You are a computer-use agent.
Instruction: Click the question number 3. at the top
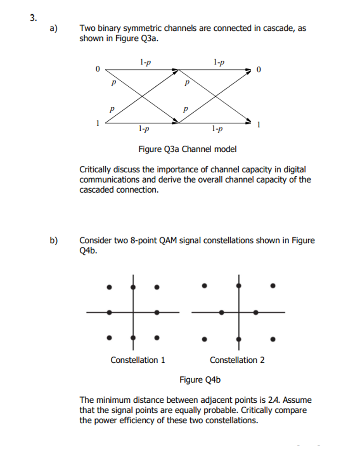33,18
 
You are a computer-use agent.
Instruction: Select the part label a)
54,29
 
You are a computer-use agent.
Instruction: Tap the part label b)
54,241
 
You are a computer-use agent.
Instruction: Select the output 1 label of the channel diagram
259,125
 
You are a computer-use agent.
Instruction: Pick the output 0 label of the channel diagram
259,70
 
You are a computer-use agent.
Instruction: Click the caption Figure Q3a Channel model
187,149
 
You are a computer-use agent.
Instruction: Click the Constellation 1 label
138,360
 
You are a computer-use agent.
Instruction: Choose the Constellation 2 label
237,360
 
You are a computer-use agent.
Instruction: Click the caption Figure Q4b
200,380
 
